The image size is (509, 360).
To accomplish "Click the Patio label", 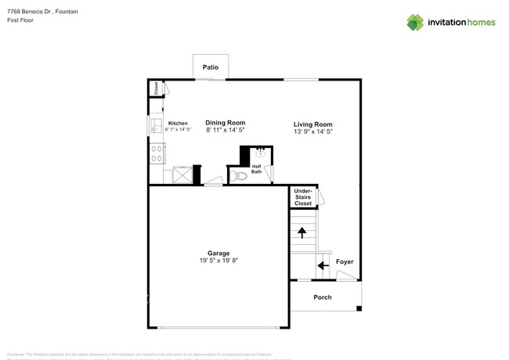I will click(x=210, y=68).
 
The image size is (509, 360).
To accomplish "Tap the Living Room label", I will click(x=312, y=124).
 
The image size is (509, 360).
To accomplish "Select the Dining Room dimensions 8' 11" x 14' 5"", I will click(x=226, y=131).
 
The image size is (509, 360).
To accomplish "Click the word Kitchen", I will click(x=178, y=124).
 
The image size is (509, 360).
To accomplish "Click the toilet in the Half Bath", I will click(x=239, y=176).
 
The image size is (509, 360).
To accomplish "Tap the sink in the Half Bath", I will click(x=261, y=153).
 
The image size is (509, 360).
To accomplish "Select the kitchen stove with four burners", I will click(x=156, y=152).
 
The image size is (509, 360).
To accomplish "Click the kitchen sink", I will click(x=155, y=124).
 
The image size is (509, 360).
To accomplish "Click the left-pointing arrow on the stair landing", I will click(x=322, y=265).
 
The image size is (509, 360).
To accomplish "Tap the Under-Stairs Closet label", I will click(x=302, y=197).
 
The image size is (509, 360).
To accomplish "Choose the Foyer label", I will click(x=345, y=261).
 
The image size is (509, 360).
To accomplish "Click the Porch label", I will click(x=322, y=297).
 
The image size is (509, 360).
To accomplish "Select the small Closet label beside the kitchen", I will click(x=156, y=88).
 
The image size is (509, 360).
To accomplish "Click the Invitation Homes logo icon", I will click(x=415, y=22).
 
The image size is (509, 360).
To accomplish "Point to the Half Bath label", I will click(x=257, y=168).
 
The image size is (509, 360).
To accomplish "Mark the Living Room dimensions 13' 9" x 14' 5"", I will click(x=312, y=132).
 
